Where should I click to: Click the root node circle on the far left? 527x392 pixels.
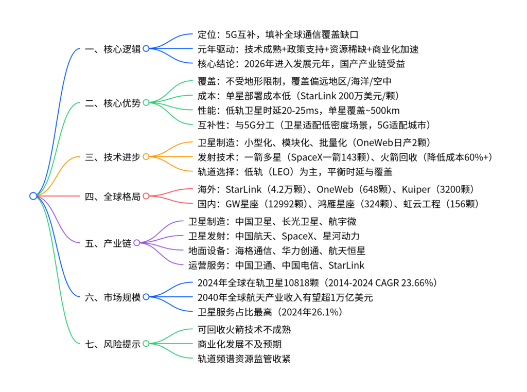coord(33,196)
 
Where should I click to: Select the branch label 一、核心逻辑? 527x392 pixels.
coord(113,49)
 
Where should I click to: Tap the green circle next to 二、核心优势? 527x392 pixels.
coord(146,103)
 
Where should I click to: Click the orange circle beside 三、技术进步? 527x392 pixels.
coord(146,157)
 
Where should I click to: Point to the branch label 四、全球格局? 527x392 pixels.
coord(113,196)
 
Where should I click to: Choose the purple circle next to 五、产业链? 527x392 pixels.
coord(136,243)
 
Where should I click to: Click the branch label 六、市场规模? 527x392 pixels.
coord(113,297)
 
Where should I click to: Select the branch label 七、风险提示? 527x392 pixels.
coord(113,344)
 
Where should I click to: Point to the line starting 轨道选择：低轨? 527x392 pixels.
coord(295,171)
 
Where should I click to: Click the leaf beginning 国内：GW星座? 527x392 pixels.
coord(338,204)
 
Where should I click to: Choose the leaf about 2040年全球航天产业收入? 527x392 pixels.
coord(285,297)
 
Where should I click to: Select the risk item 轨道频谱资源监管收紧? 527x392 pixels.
coord(244,359)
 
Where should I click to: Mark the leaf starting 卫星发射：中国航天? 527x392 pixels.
coord(274,236)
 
